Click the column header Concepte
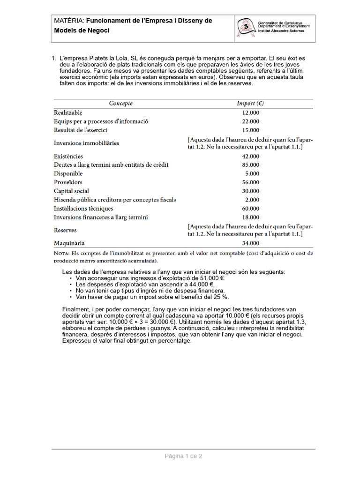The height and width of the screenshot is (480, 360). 121,103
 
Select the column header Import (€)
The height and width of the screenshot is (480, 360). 253,103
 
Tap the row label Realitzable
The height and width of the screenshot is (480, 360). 68,112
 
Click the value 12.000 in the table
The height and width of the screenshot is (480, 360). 250,113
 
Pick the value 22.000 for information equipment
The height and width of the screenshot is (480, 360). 250,121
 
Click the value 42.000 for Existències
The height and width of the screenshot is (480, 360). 250,156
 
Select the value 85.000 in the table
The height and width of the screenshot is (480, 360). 250,165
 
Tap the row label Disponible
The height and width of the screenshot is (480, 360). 68,173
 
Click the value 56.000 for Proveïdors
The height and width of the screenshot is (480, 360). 250,182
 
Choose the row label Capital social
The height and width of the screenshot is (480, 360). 71,191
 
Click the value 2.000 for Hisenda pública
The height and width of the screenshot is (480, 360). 252,200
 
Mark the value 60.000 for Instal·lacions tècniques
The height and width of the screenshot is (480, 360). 250,209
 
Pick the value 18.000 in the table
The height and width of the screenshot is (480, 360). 250,217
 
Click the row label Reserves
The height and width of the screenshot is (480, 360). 65,230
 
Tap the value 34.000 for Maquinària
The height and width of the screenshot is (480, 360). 250,243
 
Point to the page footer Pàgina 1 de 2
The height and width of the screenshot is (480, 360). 183,456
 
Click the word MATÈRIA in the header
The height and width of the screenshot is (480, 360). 69,21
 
